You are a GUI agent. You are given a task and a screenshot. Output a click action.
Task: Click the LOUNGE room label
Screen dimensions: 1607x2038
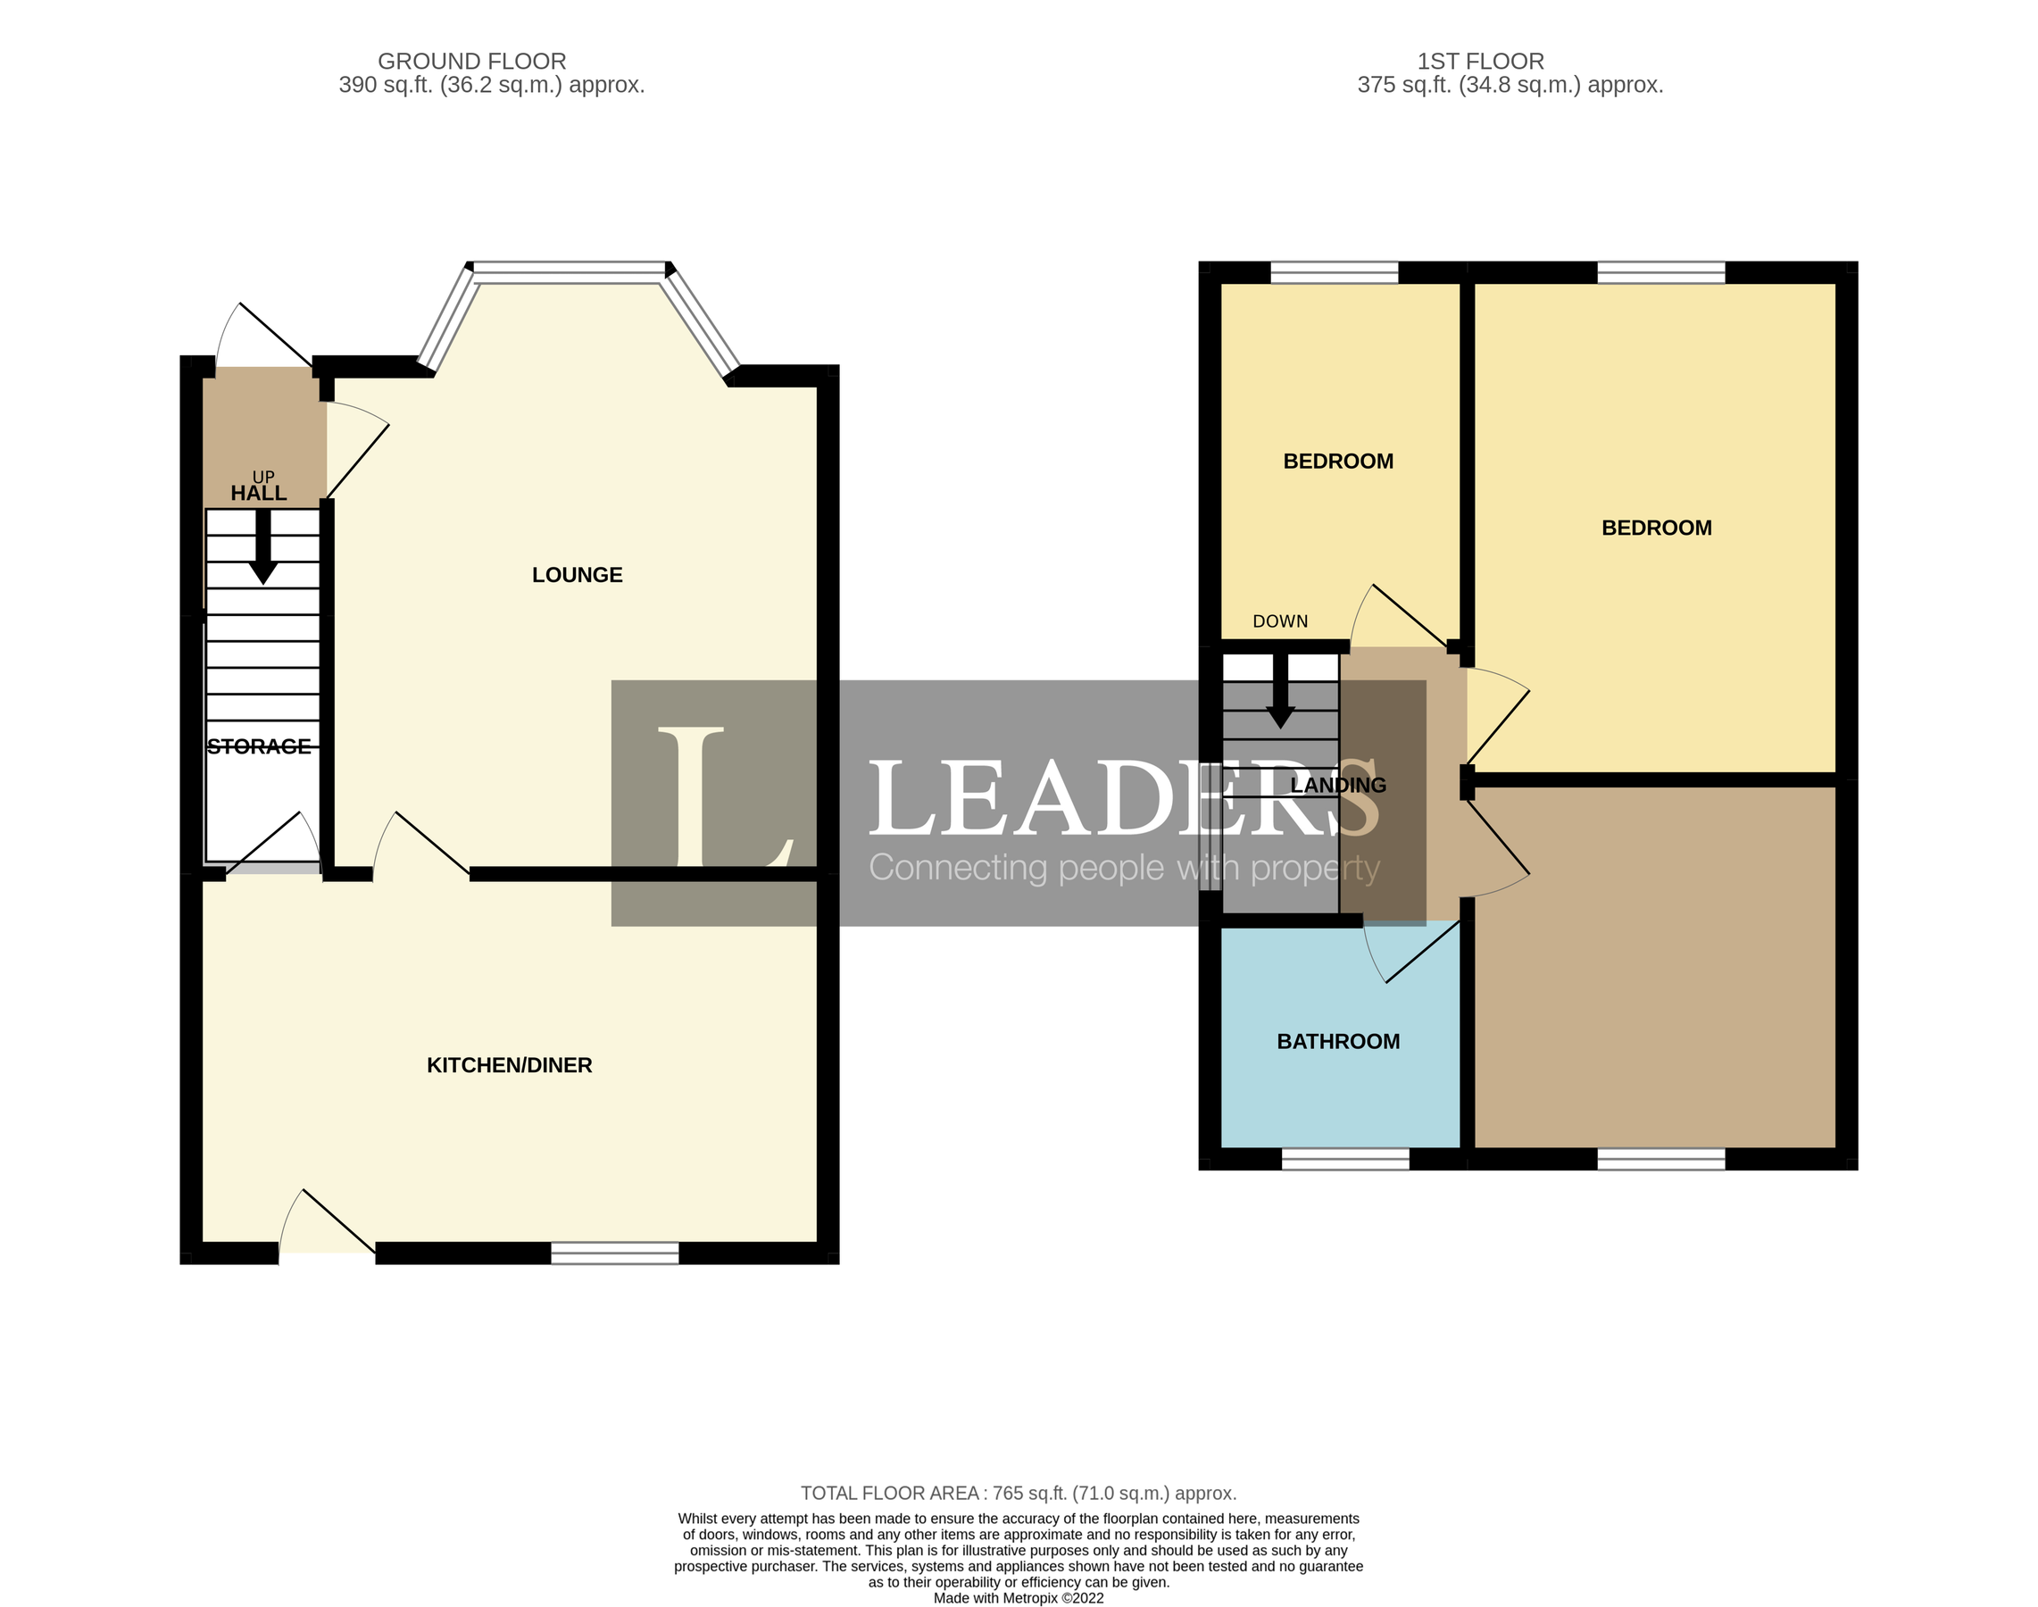[x=577, y=575]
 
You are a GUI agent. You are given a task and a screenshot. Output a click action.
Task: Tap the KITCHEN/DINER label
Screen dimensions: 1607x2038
[x=509, y=1065]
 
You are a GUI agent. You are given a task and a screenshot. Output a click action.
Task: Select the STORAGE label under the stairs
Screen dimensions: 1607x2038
[x=259, y=746]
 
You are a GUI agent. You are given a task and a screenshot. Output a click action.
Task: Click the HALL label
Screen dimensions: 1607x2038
[x=259, y=493]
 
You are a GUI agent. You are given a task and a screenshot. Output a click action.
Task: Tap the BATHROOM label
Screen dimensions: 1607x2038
[x=1338, y=1042]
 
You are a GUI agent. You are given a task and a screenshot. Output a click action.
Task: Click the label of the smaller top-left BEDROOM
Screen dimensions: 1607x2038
[x=1338, y=461]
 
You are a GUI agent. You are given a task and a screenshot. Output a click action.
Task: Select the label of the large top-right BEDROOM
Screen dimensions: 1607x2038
[x=1656, y=528]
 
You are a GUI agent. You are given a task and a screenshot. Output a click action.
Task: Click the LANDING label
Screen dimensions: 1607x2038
[x=1338, y=785]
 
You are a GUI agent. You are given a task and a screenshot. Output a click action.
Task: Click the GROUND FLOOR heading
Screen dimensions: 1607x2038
[x=471, y=62]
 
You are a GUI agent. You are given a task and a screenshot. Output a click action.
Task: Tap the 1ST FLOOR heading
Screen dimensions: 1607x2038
[x=1480, y=62]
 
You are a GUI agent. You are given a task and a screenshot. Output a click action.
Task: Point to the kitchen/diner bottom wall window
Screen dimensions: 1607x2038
[x=614, y=1253]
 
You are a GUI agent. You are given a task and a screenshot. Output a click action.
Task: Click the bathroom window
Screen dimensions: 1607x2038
[x=1345, y=1159]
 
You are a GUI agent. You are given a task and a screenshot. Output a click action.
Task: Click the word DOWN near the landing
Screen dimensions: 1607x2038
[x=1279, y=621]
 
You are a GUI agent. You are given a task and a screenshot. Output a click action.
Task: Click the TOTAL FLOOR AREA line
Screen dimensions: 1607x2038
[x=1018, y=1493]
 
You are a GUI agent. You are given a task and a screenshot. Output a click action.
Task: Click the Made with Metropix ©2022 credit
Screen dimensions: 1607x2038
[x=1018, y=1597]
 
